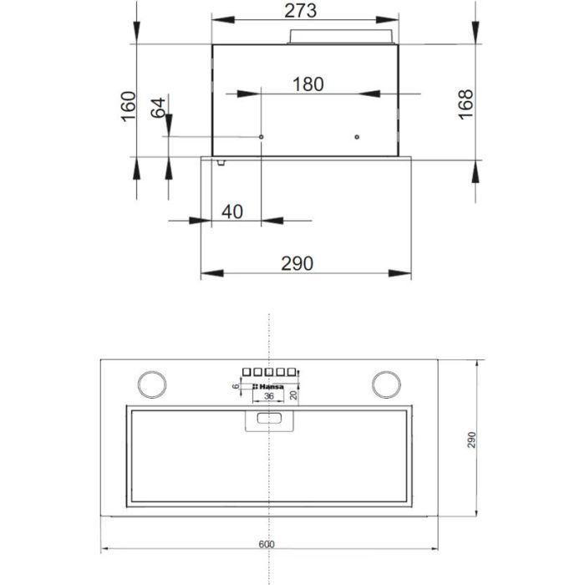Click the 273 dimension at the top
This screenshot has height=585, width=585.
pyautogui.click(x=304, y=11)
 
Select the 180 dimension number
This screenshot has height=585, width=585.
pyautogui.click(x=308, y=84)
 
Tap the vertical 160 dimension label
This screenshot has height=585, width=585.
pyautogui.click(x=128, y=106)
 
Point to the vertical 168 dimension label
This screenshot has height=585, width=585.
pyautogui.click(x=466, y=105)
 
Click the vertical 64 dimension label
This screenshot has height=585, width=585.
pyautogui.click(x=158, y=109)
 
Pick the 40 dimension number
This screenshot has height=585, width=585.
pyautogui.click(x=232, y=211)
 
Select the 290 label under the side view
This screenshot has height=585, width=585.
pyautogui.click(x=297, y=263)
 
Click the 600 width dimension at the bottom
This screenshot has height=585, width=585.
pyautogui.click(x=267, y=544)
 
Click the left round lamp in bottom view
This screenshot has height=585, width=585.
pyautogui.click(x=151, y=384)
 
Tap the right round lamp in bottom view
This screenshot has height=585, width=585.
pyautogui.click(x=387, y=384)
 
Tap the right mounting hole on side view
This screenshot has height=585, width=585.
pyautogui.click(x=357, y=137)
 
